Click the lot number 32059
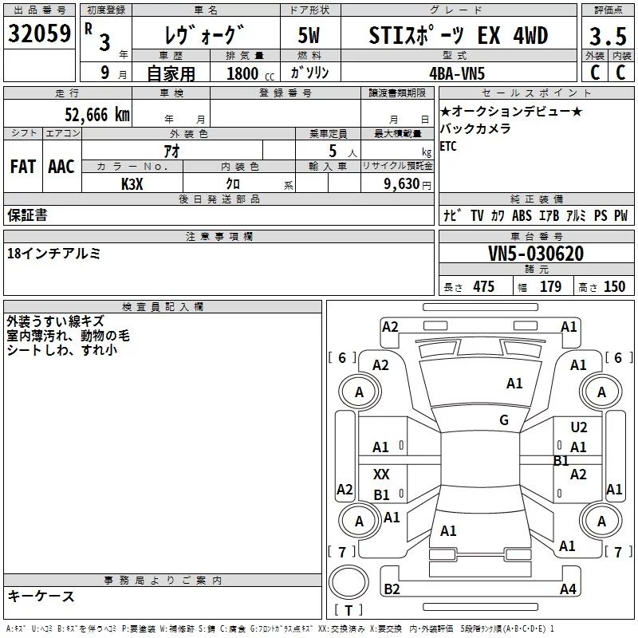[39, 33]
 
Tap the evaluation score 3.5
[606, 37]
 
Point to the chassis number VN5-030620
[536, 254]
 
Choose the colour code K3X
[132, 184]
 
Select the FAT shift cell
[23, 167]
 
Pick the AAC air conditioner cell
[61, 167]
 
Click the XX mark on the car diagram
[381, 475]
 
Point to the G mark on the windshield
[503, 420]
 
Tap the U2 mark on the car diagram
[579, 428]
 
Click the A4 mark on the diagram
[568, 589]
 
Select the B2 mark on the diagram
[392, 589]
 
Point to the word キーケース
[41, 596]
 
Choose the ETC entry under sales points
[448, 146]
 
